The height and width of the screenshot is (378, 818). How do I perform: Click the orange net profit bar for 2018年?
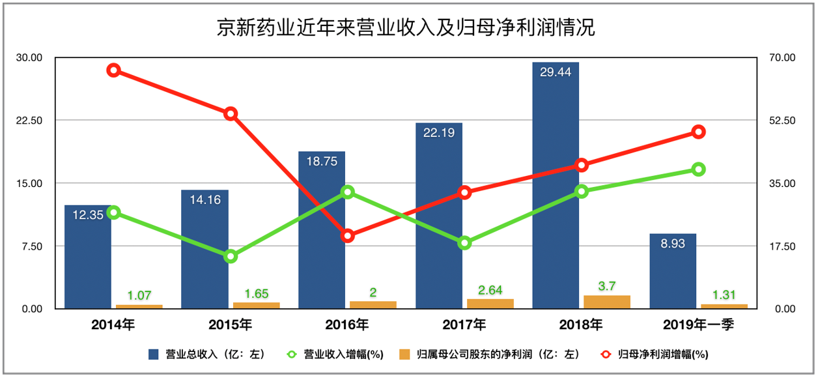pyautogui.click(x=607, y=302)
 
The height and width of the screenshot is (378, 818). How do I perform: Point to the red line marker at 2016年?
pyautogui.click(x=348, y=236)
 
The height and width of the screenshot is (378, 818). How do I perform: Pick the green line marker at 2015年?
pyautogui.click(x=231, y=256)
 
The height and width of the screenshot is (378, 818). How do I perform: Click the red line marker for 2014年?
pyautogui.click(x=113, y=70)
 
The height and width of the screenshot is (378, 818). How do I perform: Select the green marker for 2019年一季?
pyautogui.click(x=698, y=169)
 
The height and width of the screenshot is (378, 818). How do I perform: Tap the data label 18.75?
pyautogui.click(x=321, y=162)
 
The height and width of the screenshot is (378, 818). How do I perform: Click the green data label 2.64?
pyautogui.click(x=490, y=290)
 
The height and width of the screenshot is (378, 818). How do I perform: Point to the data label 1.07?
pyautogui.click(x=139, y=295)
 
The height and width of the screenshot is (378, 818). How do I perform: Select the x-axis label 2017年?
pyautogui.click(x=464, y=324)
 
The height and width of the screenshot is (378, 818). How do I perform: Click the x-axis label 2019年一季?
pyautogui.click(x=698, y=324)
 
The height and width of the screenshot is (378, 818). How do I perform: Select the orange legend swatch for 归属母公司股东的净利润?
pyautogui.click(x=404, y=355)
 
